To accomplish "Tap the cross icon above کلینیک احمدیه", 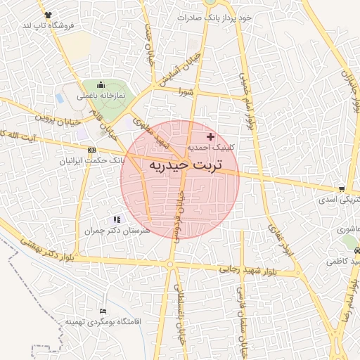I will pyautogui.click(x=210, y=136).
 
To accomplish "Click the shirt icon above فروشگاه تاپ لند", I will pyautogui.click(x=47, y=15).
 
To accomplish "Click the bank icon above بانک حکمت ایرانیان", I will pyautogui.click(x=92, y=150).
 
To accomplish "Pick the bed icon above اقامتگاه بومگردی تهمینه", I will pyautogui.click(x=103, y=311).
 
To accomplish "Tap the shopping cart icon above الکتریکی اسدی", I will pyautogui.click(x=341, y=189).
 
